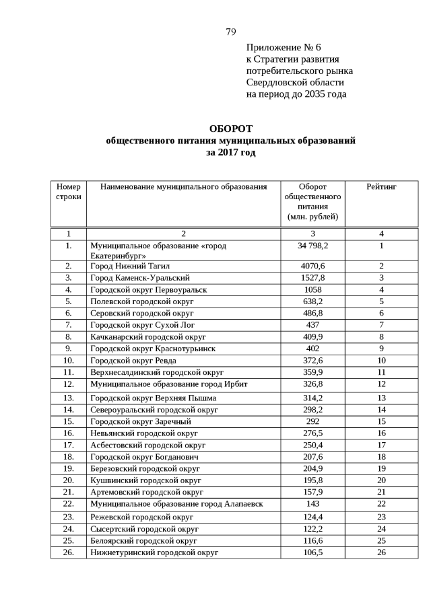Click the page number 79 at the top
(230, 32)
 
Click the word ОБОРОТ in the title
(230, 129)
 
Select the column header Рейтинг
(381, 186)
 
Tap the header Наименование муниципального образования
(184, 186)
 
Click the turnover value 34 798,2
(312, 246)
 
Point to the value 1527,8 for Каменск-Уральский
(312, 278)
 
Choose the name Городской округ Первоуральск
(149, 289)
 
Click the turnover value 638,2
(312, 301)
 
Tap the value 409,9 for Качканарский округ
(312, 336)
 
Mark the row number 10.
(69, 360)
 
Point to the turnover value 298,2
(312, 409)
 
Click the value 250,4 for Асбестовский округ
(312, 445)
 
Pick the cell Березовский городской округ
(145, 468)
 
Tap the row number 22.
(69, 503)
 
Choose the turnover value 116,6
(312, 540)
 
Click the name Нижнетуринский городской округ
(154, 552)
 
